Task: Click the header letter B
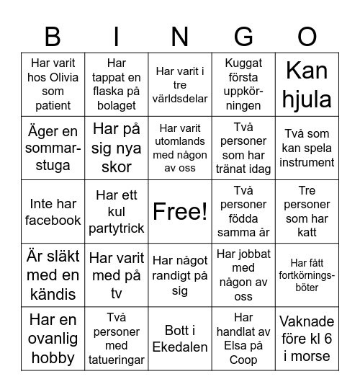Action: click(x=53, y=36)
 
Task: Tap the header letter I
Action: click(x=117, y=36)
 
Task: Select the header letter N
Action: click(x=180, y=36)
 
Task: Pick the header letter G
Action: click(x=244, y=36)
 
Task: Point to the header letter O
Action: click(x=307, y=36)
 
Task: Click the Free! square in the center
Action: click(x=180, y=211)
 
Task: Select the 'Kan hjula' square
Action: click(x=307, y=84)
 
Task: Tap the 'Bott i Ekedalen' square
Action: click(x=180, y=338)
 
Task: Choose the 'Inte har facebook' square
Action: click(x=53, y=211)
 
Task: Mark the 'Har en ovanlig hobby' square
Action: click(x=53, y=338)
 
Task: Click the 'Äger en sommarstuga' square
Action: click(x=53, y=148)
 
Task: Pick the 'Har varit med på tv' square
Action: click(x=117, y=275)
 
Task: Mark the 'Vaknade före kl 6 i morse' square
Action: click(x=307, y=338)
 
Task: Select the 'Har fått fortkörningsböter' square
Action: click(x=307, y=275)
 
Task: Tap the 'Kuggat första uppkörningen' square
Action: click(x=244, y=84)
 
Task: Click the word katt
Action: click(x=307, y=232)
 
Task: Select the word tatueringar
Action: click(x=117, y=359)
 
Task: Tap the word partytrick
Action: click(x=117, y=228)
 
